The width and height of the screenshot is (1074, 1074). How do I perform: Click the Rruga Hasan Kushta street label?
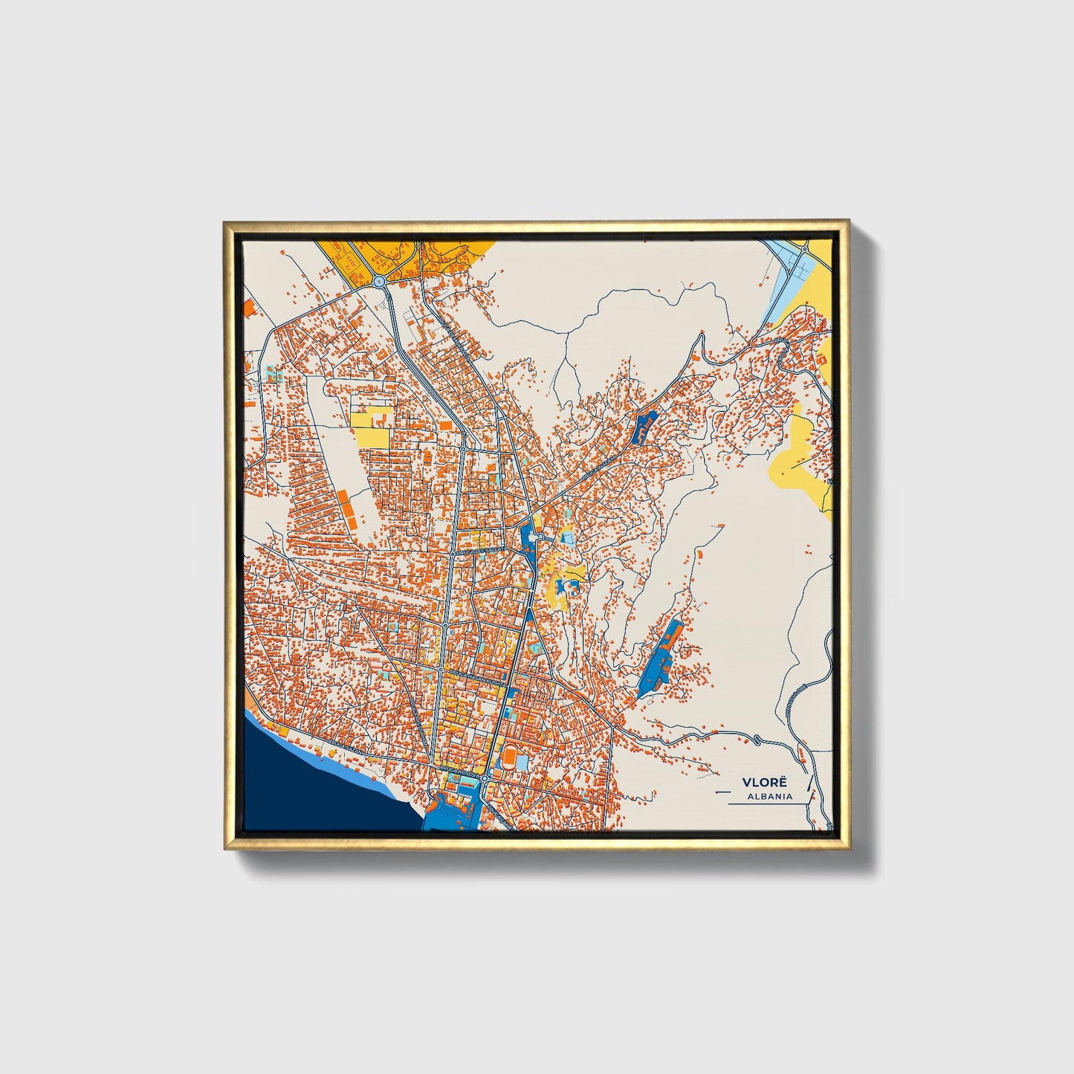[x=476, y=677]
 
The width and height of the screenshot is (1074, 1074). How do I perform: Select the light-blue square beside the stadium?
[x=522, y=763]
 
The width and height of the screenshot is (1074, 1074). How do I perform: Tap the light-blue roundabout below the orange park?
[x=380, y=282]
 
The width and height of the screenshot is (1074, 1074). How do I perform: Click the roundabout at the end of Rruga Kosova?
[x=484, y=778]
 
